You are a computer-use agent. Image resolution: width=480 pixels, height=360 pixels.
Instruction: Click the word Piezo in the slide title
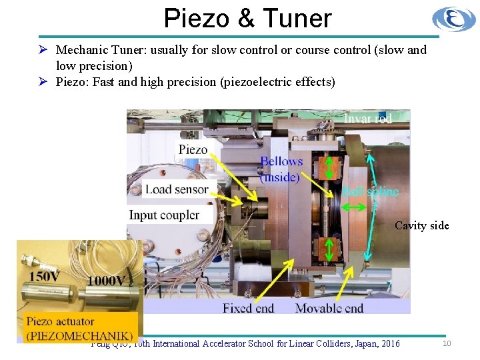pos(199,18)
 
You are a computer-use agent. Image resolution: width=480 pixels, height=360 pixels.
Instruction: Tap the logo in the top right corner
pos(454,19)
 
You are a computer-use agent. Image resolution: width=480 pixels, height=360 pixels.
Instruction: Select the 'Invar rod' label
pos(367,118)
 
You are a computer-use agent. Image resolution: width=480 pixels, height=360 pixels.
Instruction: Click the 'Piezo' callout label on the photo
pos(193,149)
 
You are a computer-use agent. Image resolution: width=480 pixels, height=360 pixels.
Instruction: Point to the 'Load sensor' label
pos(177,189)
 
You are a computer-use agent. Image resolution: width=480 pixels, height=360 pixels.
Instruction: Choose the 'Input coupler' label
pos(164,215)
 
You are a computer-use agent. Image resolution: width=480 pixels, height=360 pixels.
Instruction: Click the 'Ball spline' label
pos(370,192)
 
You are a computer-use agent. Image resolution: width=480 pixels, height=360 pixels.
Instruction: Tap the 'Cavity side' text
pos(421,225)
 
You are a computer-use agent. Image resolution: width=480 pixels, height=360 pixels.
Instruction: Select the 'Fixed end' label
pos(248,308)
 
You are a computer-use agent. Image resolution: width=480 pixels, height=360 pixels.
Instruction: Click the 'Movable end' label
pos(329,308)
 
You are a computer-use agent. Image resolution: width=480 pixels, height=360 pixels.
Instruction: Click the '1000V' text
pos(105,281)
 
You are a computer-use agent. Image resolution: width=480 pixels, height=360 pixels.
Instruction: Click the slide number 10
pos(447,343)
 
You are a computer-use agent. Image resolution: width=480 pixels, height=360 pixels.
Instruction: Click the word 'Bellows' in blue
pos(281,161)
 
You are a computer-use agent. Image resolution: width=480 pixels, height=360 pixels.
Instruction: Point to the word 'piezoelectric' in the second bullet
pos(261,82)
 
